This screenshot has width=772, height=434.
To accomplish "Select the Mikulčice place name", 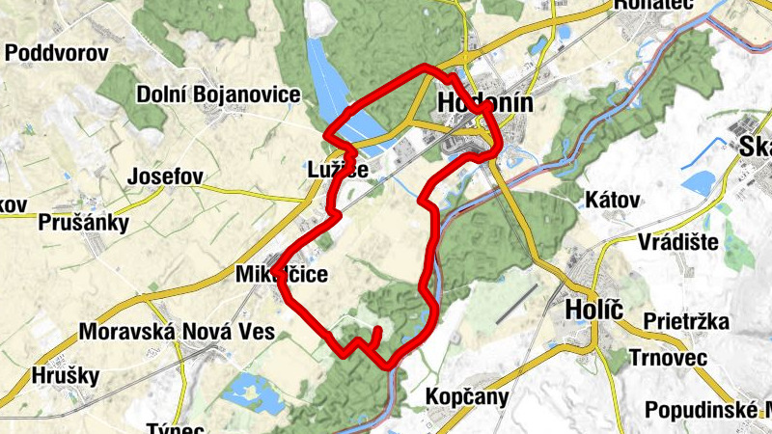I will [281, 275].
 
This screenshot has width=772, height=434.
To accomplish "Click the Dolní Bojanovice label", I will [218, 95].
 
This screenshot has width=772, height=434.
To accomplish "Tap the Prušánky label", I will [84, 223].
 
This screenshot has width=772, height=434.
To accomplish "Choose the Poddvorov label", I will [55, 53].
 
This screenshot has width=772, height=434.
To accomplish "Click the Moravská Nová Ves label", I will [177, 333].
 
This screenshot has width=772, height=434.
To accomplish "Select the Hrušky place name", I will [66, 375].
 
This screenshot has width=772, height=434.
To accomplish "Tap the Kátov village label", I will [613, 201].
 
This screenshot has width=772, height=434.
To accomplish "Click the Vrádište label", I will [677, 241].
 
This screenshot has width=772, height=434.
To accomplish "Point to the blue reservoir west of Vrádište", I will [699, 181].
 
